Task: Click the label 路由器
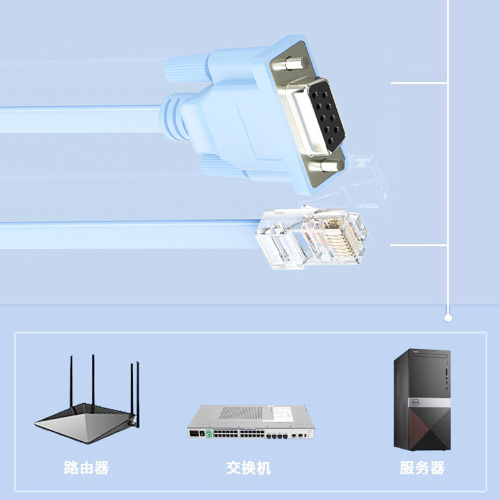pyautogui.click(x=86, y=467)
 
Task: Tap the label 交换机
pyautogui.click(x=249, y=467)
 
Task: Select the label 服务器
pyautogui.click(x=422, y=467)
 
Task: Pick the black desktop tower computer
pyautogui.click(x=421, y=400)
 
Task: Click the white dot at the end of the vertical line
pyautogui.click(x=447, y=318)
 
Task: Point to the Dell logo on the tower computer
pyautogui.click(x=414, y=402)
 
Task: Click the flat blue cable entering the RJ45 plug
pyautogui.click(x=125, y=235)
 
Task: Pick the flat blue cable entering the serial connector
pyautogui.click(x=75, y=119)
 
